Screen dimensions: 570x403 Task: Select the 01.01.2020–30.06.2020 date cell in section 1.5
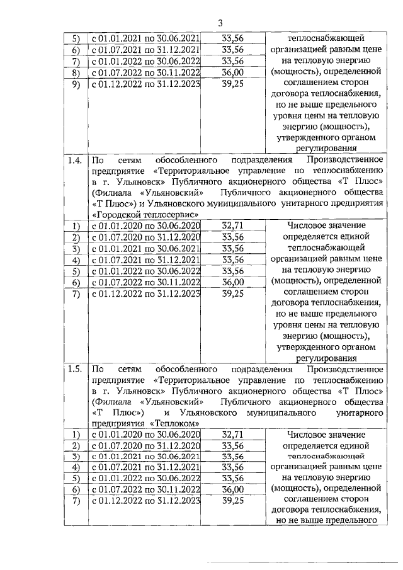[146, 434]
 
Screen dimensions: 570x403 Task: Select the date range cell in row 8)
[146, 72]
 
